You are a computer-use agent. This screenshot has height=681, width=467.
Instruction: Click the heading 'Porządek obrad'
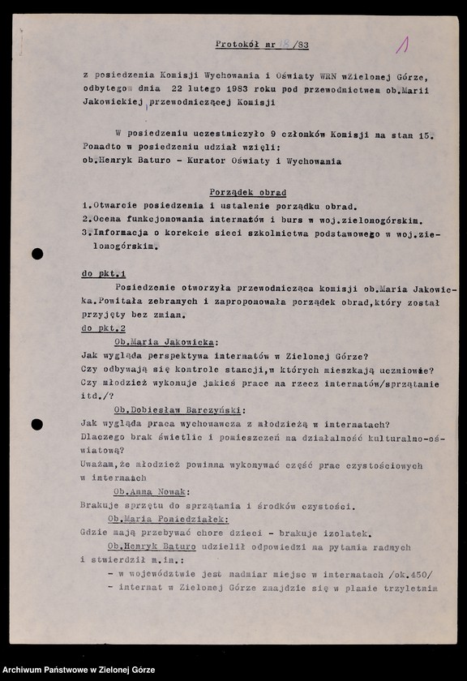(x=248, y=194)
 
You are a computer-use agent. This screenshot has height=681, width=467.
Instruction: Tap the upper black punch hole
(x=37, y=254)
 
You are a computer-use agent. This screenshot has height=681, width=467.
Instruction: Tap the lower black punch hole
(x=37, y=424)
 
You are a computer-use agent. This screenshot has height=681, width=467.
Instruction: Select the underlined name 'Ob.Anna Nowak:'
(x=152, y=492)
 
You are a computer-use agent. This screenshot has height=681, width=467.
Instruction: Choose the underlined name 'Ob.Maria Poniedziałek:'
(x=168, y=519)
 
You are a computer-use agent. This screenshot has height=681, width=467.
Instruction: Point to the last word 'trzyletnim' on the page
(x=409, y=588)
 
